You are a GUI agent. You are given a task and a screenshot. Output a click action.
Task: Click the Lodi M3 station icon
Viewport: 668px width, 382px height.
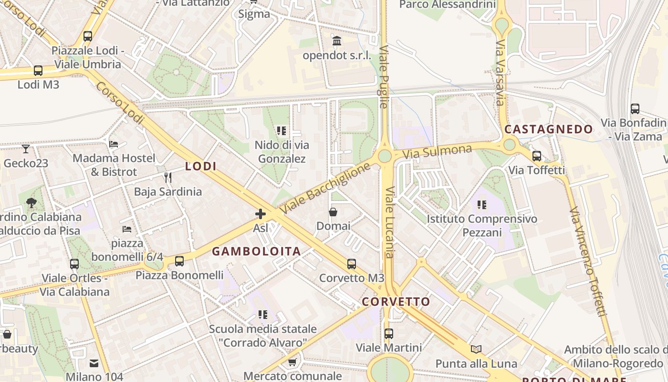[38, 71]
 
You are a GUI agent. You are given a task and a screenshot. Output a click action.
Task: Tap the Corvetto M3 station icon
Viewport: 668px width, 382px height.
[352, 264]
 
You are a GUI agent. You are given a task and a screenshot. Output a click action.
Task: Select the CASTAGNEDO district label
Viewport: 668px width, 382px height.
[549, 129]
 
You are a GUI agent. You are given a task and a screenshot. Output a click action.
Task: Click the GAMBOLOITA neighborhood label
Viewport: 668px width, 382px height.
[256, 251]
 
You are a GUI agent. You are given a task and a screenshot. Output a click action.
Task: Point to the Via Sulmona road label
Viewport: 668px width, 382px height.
[437, 152]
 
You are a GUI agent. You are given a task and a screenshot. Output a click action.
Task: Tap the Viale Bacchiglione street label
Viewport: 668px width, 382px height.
[325, 188]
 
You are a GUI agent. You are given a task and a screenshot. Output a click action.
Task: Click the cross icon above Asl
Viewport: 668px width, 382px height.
[261, 214]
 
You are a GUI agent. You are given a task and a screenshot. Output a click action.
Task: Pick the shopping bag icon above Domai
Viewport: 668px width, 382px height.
[333, 212]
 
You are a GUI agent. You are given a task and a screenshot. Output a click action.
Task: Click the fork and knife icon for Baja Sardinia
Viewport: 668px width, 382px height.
[167, 178]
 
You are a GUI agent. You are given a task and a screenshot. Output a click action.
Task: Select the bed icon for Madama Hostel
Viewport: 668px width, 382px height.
[114, 144]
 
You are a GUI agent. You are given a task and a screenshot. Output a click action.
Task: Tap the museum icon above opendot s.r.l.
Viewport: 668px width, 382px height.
[337, 41]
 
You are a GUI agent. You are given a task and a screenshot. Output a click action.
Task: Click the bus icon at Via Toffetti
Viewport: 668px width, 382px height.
[537, 156]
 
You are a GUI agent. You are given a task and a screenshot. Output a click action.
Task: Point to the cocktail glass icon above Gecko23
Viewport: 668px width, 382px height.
[26, 149]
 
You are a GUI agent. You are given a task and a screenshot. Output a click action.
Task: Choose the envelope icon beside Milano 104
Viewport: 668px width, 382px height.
[94, 363]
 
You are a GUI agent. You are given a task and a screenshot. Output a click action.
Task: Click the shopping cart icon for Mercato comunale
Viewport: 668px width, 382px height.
[292, 362]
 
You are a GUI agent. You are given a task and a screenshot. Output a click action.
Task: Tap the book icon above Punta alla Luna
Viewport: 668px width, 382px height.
[476, 349]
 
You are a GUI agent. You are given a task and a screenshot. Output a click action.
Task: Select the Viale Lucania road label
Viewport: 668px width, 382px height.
[390, 222]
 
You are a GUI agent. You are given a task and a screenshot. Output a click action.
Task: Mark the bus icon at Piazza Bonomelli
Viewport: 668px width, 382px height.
[179, 261]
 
